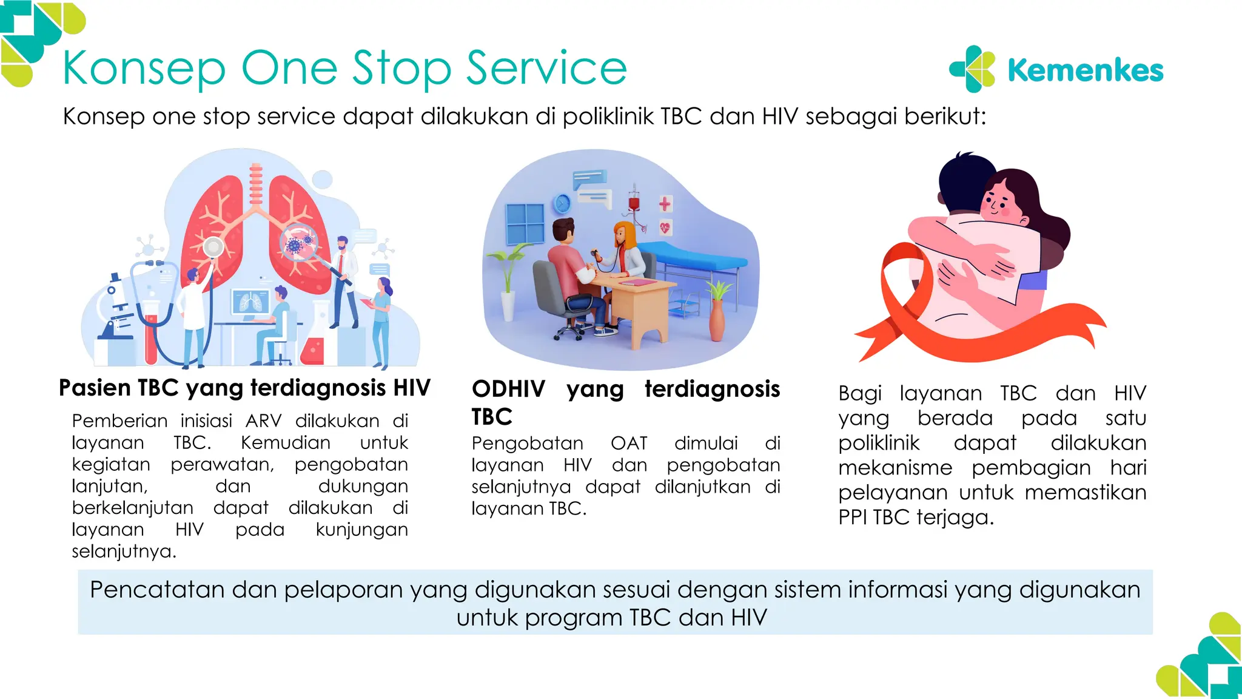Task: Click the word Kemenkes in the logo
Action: click(x=1085, y=70)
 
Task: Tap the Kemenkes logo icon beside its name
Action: click(x=973, y=69)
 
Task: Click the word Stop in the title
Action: click(x=401, y=68)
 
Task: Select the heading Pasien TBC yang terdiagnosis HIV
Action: click(x=244, y=388)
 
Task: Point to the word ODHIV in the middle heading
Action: click(x=508, y=389)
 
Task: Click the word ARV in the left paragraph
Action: click(x=264, y=420)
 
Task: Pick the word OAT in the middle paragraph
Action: click(x=629, y=443)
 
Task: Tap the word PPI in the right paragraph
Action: click(x=853, y=518)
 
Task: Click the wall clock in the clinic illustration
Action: click(x=562, y=203)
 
